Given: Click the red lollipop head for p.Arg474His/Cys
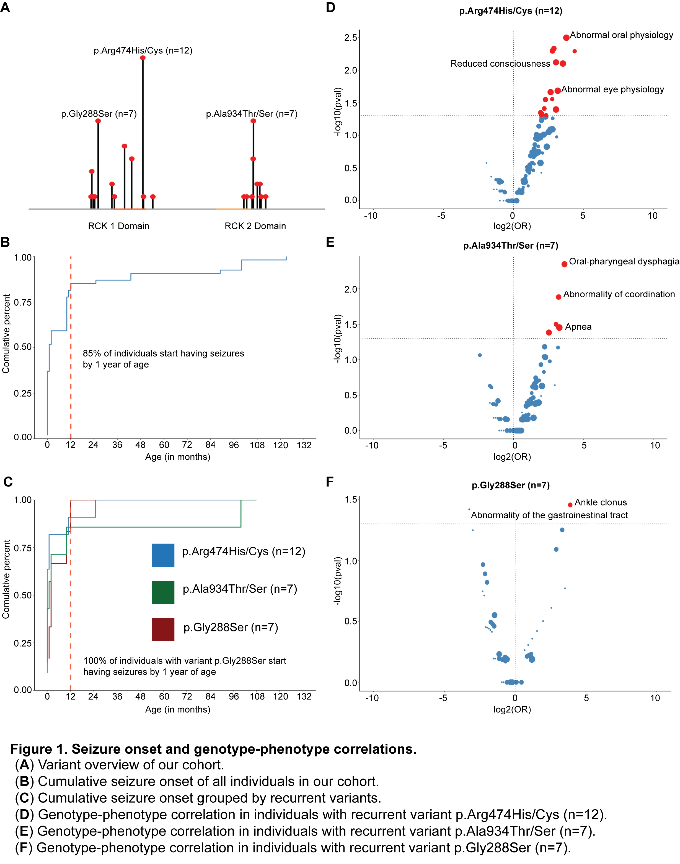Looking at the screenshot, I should coord(143,58).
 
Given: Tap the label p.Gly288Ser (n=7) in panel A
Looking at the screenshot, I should coord(99,114).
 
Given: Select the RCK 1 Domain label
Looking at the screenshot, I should coord(119,226).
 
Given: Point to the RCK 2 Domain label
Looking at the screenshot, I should coord(255,226).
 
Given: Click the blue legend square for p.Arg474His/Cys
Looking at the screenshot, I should coord(163,555).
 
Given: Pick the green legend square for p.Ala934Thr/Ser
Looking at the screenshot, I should coord(163,592).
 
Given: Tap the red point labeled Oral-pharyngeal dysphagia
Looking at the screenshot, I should coord(564,264).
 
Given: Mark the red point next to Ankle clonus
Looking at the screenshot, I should coord(570,505).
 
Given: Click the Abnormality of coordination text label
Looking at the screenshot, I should coord(619,294).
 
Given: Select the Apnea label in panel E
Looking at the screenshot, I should coord(578,327).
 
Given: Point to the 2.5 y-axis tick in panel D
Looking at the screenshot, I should coord(351,38).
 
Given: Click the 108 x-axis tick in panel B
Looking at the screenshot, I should coord(257,445).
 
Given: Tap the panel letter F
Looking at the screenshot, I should coord(330,482).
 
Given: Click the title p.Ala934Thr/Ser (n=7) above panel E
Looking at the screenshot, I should coord(510,245).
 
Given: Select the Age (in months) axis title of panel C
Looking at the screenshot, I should coord(178,710).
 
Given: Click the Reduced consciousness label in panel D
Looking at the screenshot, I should coord(500,64).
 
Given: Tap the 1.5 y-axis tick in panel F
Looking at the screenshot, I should coord(351,500).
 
